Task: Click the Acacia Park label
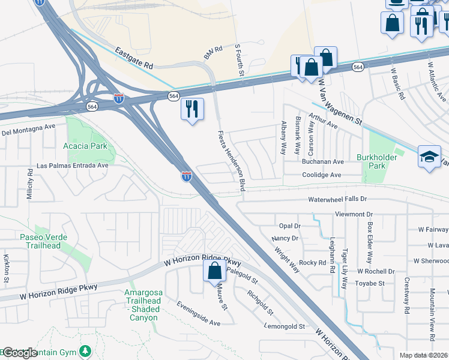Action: [x=85, y=146]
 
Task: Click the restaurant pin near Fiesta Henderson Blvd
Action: [x=192, y=110]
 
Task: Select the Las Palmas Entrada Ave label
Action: [x=72, y=165]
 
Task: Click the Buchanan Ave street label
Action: [x=322, y=162]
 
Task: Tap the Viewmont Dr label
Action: [x=354, y=214]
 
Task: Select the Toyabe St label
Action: [x=370, y=283]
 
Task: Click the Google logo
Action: [x=20, y=353]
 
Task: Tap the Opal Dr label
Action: [x=289, y=226]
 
